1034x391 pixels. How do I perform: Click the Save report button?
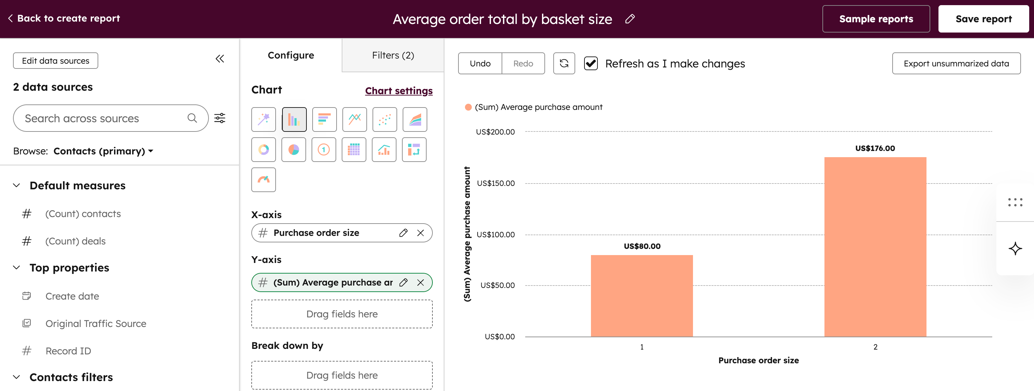983,19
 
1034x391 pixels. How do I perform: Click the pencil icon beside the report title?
630,19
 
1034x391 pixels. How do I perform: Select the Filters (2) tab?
393,55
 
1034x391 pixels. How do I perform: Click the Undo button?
480,63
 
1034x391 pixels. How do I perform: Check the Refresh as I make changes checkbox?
591,63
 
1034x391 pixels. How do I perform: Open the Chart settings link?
398,91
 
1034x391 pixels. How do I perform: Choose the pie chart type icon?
293,150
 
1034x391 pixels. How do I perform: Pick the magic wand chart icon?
263,119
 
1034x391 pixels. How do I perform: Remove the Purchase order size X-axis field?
420,233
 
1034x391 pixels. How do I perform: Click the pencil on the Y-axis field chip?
403,282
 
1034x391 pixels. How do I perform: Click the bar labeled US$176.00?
875,247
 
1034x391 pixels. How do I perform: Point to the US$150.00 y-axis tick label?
495,184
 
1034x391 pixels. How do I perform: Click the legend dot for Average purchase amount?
468,107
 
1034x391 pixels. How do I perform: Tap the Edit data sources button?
55,61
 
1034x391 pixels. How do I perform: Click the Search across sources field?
104,118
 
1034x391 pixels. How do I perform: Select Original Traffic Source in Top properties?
96,324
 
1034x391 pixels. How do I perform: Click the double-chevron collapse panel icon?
219,59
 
